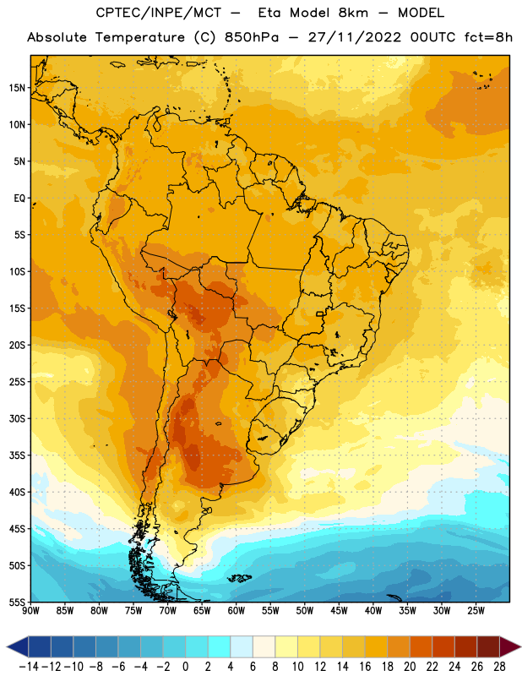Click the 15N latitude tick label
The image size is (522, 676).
[x=17, y=88]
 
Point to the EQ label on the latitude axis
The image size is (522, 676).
[x=19, y=199]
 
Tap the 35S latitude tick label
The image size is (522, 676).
[x=17, y=455]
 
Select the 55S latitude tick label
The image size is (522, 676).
[x=17, y=602]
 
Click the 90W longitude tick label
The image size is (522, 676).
[x=30, y=611]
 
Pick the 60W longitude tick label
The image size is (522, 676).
[x=237, y=611]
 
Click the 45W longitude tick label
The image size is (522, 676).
[x=339, y=611]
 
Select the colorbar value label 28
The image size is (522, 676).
[x=499, y=667]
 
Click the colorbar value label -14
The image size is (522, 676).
[x=29, y=667]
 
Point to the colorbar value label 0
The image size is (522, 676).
[x=185, y=667]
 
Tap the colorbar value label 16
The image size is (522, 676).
[x=365, y=667]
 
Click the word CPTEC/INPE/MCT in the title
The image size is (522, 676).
[x=159, y=13]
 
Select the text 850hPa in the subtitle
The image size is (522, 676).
[x=252, y=37]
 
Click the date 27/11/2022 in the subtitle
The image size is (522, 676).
[x=354, y=37]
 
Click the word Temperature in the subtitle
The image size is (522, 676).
[x=139, y=37]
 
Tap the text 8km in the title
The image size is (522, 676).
[x=353, y=13]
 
